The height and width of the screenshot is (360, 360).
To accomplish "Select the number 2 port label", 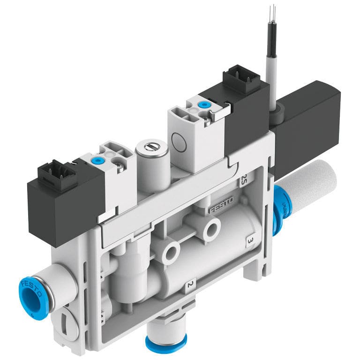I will pyautogui.click(x=189, y=285).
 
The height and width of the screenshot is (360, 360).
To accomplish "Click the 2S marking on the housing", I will pyautogui.click(x=244, y=180).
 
